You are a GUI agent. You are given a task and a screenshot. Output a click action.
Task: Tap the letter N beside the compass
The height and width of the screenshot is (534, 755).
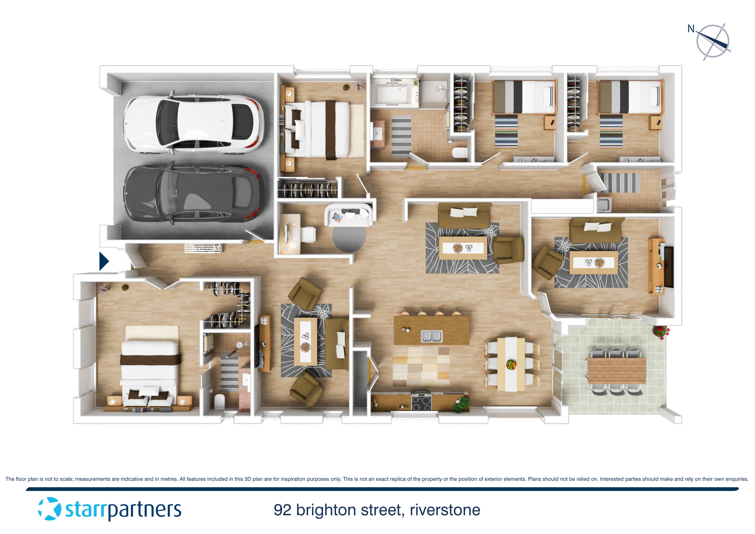tap(691, 29)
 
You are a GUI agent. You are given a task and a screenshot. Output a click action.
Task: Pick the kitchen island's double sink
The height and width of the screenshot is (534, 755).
tap(432, 336)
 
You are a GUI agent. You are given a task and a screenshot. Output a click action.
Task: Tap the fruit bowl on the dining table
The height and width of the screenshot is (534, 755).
tap(511, 365)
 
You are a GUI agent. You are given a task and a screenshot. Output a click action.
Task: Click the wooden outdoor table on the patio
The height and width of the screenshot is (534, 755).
tap(617, 371)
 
